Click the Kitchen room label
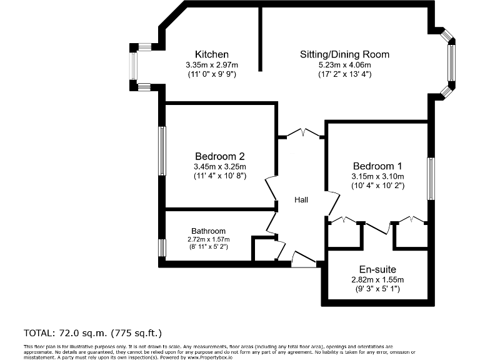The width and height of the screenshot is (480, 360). pyautogui.click(x=211, y=54)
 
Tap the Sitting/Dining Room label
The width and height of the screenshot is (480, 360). pyautogui.click(x=344, y=54)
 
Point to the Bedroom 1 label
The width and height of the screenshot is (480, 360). pyautogui.click(x=377, y=166)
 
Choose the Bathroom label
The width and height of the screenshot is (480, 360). pyautogui.click(x=208, y=231)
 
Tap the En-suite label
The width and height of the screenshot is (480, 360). pyautogui.click(x=377, y=269)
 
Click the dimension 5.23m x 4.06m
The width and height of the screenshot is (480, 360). pyautogui.click(x=344, y=65)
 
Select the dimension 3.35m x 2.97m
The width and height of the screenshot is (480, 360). pyautogui.click(x=211, y=65)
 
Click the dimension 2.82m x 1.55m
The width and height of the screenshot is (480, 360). pyautogui.click(x=377, y=280)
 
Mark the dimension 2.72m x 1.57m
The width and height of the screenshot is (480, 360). pyautogui.click(x=208, y=239)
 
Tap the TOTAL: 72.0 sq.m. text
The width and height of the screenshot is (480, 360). pyautogui.click(x=96, y=332)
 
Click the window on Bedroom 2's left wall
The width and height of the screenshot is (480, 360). pyautogui.click(x=162, y=151)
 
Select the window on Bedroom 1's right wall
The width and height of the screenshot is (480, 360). pyautogui.click(x=430, y=179)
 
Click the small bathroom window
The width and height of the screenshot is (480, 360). pyautogui.click(x=162, y=248)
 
